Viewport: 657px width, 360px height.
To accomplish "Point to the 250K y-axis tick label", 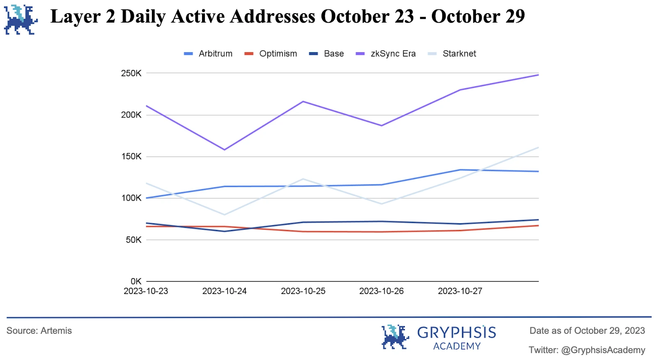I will [131, 73].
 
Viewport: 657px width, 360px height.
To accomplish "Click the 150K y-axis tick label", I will [131, 156].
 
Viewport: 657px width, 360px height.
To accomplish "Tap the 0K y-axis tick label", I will [136, 281].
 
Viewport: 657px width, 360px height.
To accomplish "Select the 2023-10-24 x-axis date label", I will [224, 291].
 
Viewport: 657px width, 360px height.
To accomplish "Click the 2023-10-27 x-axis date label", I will [460, 291].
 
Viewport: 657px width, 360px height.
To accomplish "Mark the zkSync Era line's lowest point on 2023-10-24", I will [225, 149].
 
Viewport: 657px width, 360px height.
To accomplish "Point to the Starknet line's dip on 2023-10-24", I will [225, 214].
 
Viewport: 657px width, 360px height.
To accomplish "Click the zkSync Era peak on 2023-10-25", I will [303, 101].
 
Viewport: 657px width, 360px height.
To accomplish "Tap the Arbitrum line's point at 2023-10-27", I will [460, 170].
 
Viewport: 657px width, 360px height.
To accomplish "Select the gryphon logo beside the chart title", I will [21, 20].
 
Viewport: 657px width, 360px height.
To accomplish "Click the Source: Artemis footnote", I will [39, 331].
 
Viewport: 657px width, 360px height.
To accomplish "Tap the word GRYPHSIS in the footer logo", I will [456, 332].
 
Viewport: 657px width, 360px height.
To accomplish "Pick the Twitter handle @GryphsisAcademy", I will [603, 350].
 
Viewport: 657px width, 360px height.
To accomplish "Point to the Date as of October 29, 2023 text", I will [587, 331].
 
